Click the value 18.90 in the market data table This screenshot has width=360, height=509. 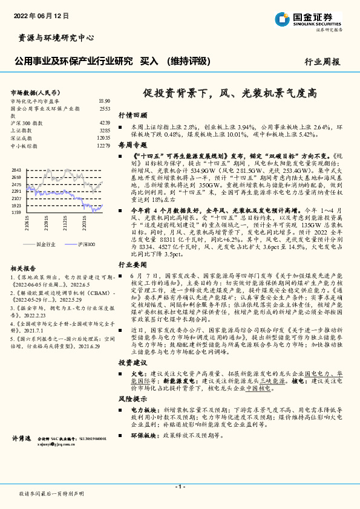[x=103, y=101]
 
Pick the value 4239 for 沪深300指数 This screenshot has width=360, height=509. [x=104, y=123]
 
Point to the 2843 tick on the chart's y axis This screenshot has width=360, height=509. [x=16, y=170]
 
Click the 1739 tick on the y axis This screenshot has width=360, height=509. [x=16, y=213]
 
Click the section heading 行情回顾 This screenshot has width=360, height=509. [x=133, y=114]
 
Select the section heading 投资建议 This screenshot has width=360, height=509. [x=133, y=362]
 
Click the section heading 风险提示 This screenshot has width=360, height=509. [x=133, y=398]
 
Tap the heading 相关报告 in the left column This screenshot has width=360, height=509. [x=24, y=268]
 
